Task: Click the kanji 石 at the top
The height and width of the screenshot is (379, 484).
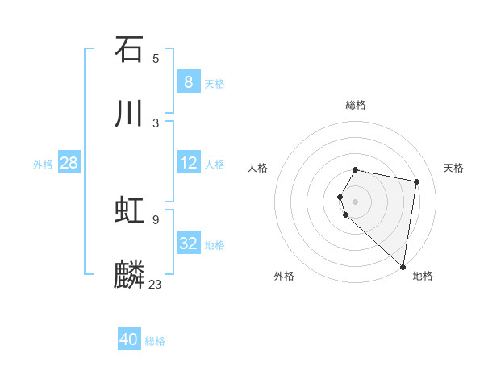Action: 129,49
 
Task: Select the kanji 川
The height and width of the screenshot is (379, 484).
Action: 129,114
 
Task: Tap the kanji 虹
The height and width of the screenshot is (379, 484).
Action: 129,210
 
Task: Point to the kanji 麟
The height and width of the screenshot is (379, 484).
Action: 129,275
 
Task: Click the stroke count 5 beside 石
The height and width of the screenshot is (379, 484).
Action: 156,58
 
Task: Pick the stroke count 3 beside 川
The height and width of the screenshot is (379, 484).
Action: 156,123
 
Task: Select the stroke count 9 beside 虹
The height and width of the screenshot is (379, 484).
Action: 156,219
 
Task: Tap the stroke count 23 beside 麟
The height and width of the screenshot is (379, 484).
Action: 156,284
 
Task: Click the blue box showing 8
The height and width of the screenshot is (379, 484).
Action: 189,82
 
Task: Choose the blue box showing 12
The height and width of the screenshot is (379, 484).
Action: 189,163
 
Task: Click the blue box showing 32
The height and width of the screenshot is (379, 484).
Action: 189,244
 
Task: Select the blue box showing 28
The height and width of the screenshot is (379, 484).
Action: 69,163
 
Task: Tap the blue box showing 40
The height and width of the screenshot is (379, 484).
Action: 129,339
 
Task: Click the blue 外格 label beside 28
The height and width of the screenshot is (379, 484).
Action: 43,164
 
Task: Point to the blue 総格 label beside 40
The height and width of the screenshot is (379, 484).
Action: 156,341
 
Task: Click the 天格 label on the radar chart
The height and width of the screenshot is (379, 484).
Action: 453,168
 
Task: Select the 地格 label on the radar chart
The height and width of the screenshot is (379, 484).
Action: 423,276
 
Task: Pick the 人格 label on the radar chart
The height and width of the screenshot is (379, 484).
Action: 257,168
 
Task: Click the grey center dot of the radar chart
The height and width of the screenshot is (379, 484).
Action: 356,201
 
